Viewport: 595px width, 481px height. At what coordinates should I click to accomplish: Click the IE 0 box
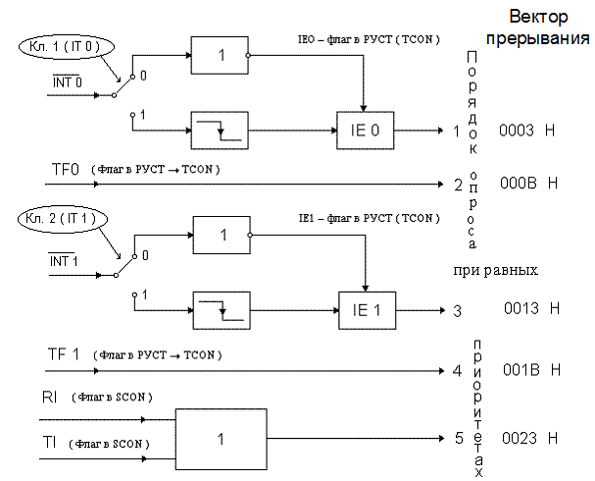(x=365, y=131)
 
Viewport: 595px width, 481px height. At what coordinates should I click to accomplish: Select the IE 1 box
(x=367, y=310)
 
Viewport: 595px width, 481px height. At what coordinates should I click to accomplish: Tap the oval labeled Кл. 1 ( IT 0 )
(x=66, y=47)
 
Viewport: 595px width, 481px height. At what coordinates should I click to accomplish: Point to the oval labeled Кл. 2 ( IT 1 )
(x=62, y=219)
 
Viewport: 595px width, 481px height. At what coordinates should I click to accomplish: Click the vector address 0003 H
(x=526, y=131)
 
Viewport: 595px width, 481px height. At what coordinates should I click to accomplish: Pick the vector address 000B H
(x=529, y=184)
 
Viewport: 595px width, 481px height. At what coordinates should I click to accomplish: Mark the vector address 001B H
(x=531, y=370)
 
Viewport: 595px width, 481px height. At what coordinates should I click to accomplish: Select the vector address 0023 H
(x=529, y=438)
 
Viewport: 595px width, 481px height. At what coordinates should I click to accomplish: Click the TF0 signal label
(x=66, y=170)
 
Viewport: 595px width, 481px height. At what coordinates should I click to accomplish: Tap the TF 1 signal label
(x=64, y=354)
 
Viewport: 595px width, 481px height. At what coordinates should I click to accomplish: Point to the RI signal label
(x=50, y=397)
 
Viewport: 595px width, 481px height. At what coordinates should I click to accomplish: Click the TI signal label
(x=49, y=443)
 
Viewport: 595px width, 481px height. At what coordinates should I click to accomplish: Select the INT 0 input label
(x=68, y=81)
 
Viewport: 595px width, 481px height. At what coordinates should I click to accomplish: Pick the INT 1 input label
(x=64, y=261)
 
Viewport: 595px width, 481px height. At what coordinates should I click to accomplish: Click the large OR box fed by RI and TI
(x=222, y=439)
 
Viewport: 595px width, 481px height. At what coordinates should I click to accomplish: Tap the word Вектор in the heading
(x=538, y=17)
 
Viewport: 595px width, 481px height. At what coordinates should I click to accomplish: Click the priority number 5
(x=459, y=438)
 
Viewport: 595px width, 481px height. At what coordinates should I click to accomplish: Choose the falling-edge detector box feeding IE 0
(x=220, y=131)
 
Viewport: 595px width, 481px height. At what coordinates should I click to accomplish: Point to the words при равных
(x=496, y=271)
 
